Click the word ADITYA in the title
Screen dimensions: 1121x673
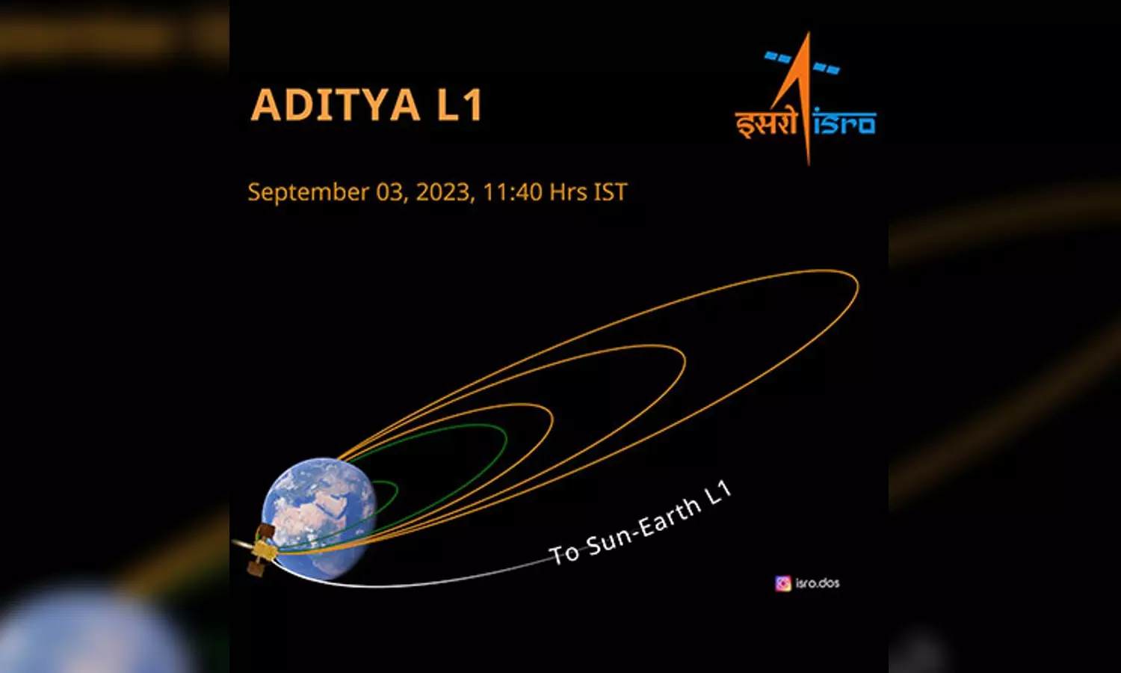[336, 105]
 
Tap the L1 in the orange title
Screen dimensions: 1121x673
[460, 105]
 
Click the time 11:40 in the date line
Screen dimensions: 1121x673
[513, 191]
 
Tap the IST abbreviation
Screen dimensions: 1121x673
[611, 191]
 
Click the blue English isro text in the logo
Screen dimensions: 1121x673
[844, 122]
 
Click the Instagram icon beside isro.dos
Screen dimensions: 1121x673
[783, 583]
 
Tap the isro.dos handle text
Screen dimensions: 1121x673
[818, 583]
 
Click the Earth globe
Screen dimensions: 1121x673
[319, 518]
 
